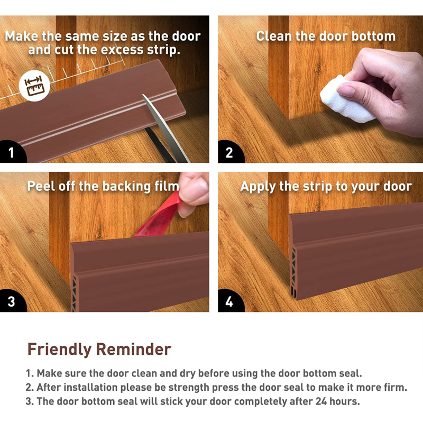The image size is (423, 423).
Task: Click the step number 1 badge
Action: [11, 152]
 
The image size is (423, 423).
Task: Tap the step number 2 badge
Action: [229, 152]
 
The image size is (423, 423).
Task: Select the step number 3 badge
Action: [11, 301]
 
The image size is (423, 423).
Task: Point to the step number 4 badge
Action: [229, 301]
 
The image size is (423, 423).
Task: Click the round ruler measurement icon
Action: [34, 86]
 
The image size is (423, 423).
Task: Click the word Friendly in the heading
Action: [59, 349]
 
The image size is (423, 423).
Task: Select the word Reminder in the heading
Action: [134, 349]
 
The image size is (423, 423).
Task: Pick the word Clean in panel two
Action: [274, 36]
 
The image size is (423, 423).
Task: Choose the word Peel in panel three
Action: [41, 186]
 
